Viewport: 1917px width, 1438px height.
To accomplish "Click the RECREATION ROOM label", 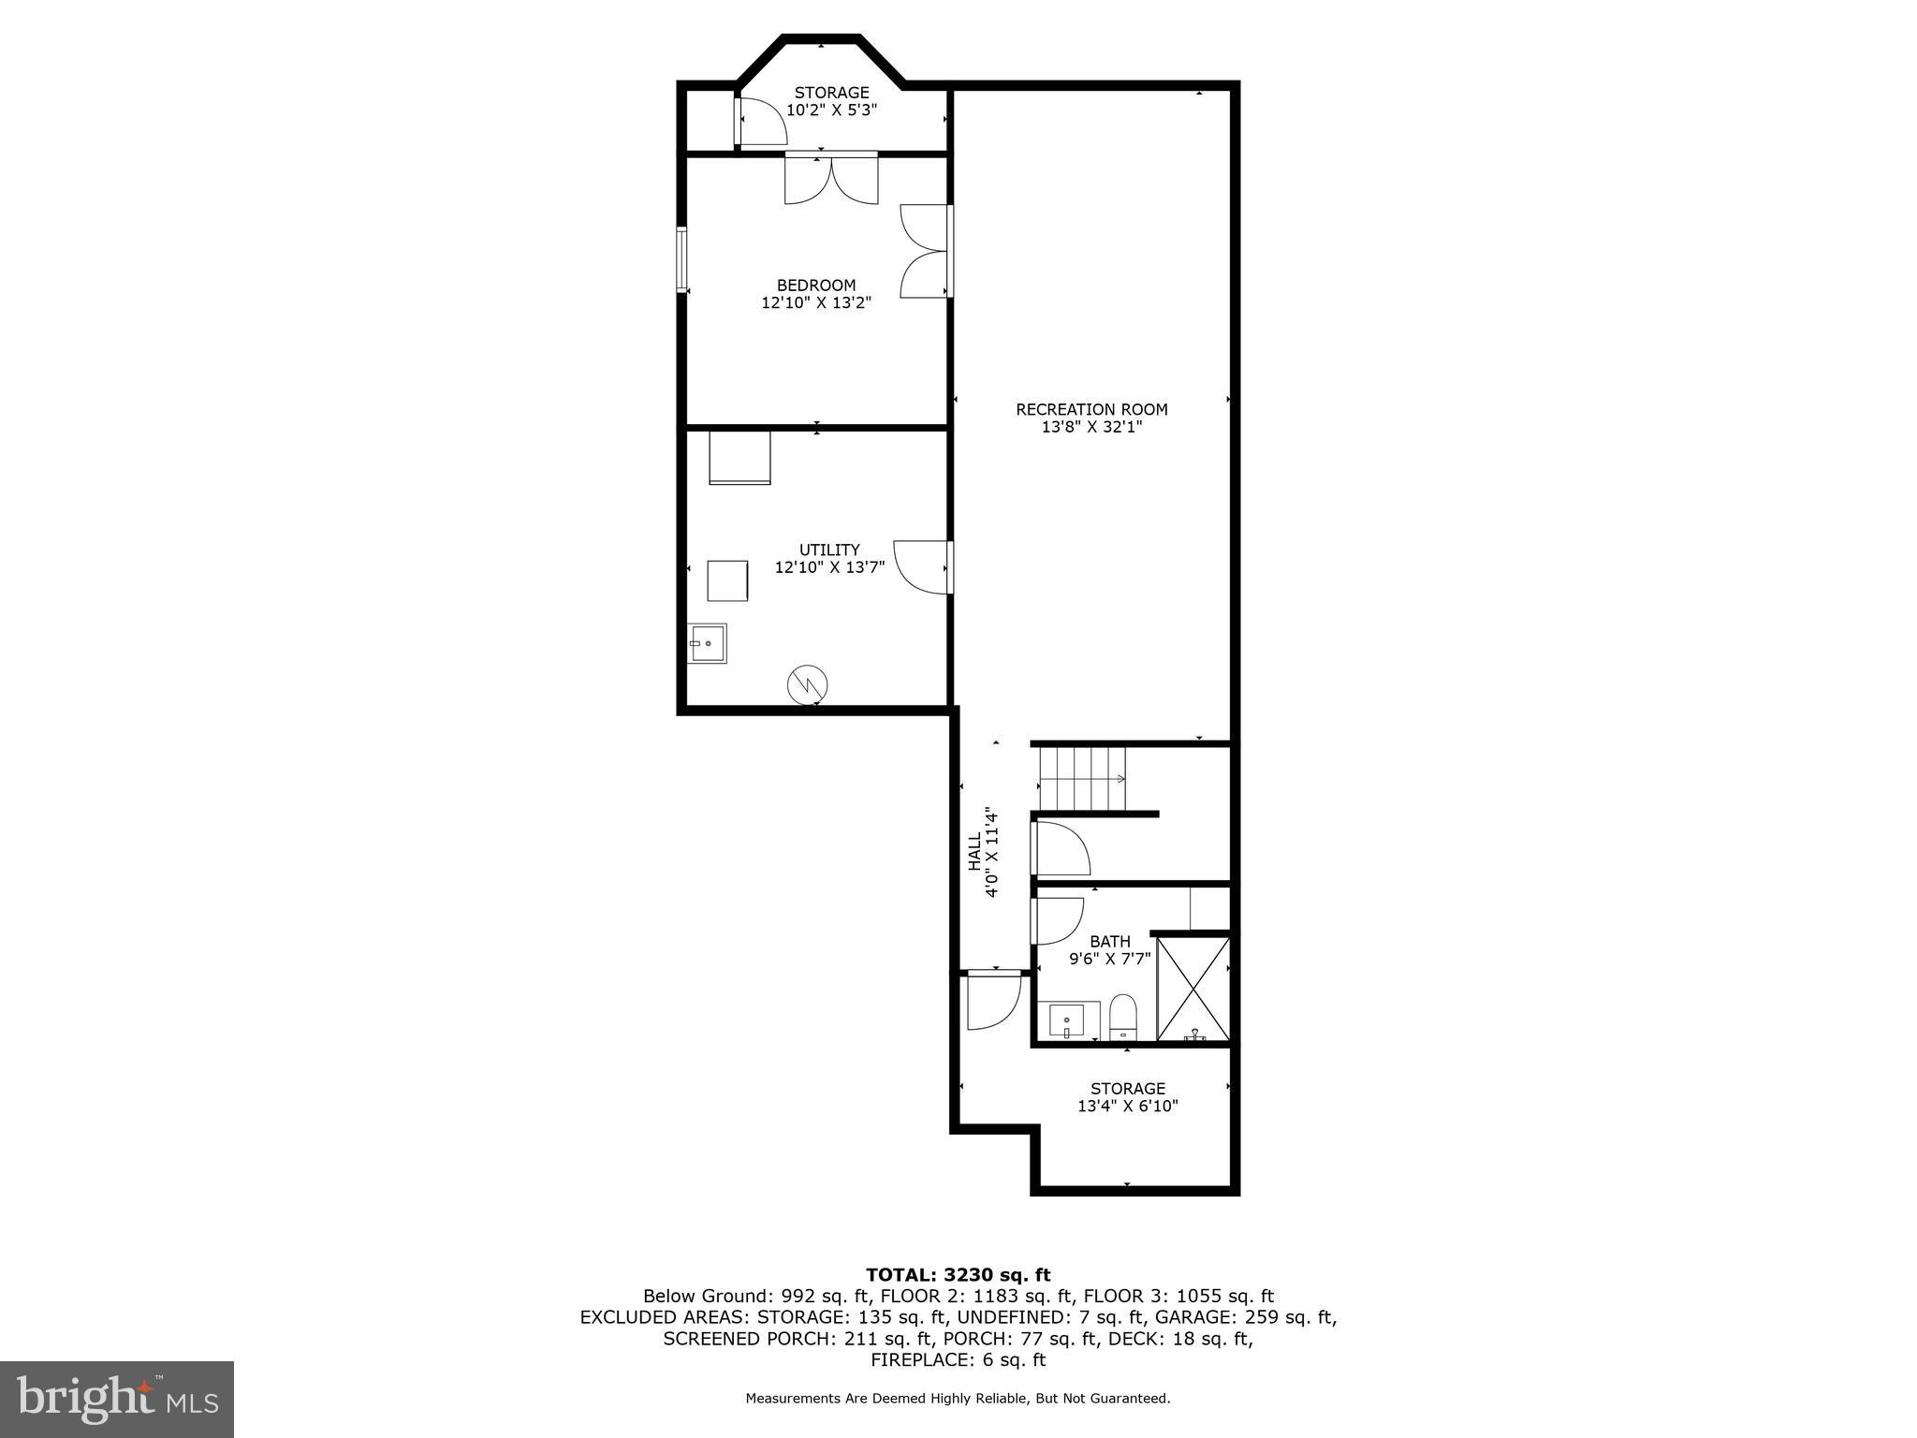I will [x=1091, y=409].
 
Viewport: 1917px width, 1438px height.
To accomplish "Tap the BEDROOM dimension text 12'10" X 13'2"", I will [x=816, y=302].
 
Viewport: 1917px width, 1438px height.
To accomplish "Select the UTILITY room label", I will [x=829, y=550].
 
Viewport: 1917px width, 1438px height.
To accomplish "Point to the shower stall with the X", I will [x=1193, y=989].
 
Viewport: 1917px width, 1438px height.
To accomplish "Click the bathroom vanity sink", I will [x=1067, y=1019].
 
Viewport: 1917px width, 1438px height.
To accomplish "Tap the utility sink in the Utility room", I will [x=708, y=643].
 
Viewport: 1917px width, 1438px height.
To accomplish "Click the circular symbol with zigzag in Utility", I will [x=807, y=683].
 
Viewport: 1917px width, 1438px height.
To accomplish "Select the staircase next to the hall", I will [x=1082, y=778].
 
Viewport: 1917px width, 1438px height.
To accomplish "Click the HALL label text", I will [x=975, y=852].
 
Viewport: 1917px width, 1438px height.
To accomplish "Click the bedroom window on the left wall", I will [x=682, y=259].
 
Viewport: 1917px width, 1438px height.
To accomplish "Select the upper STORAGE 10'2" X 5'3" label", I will [x=831, y=101].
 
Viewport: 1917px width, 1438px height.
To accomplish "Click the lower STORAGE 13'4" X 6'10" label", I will [x=1127, y=1096].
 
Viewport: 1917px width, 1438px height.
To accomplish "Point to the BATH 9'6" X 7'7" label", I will [x=1110, y=949].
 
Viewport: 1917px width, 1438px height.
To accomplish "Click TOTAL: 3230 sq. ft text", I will [x=958, y=1274].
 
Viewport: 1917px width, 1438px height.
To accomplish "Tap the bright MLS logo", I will [x=117, y=1399].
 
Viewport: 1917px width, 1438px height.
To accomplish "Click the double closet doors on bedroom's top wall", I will [x=831, y=180].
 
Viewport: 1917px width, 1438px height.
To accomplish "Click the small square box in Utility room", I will [x=727, y=580].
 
